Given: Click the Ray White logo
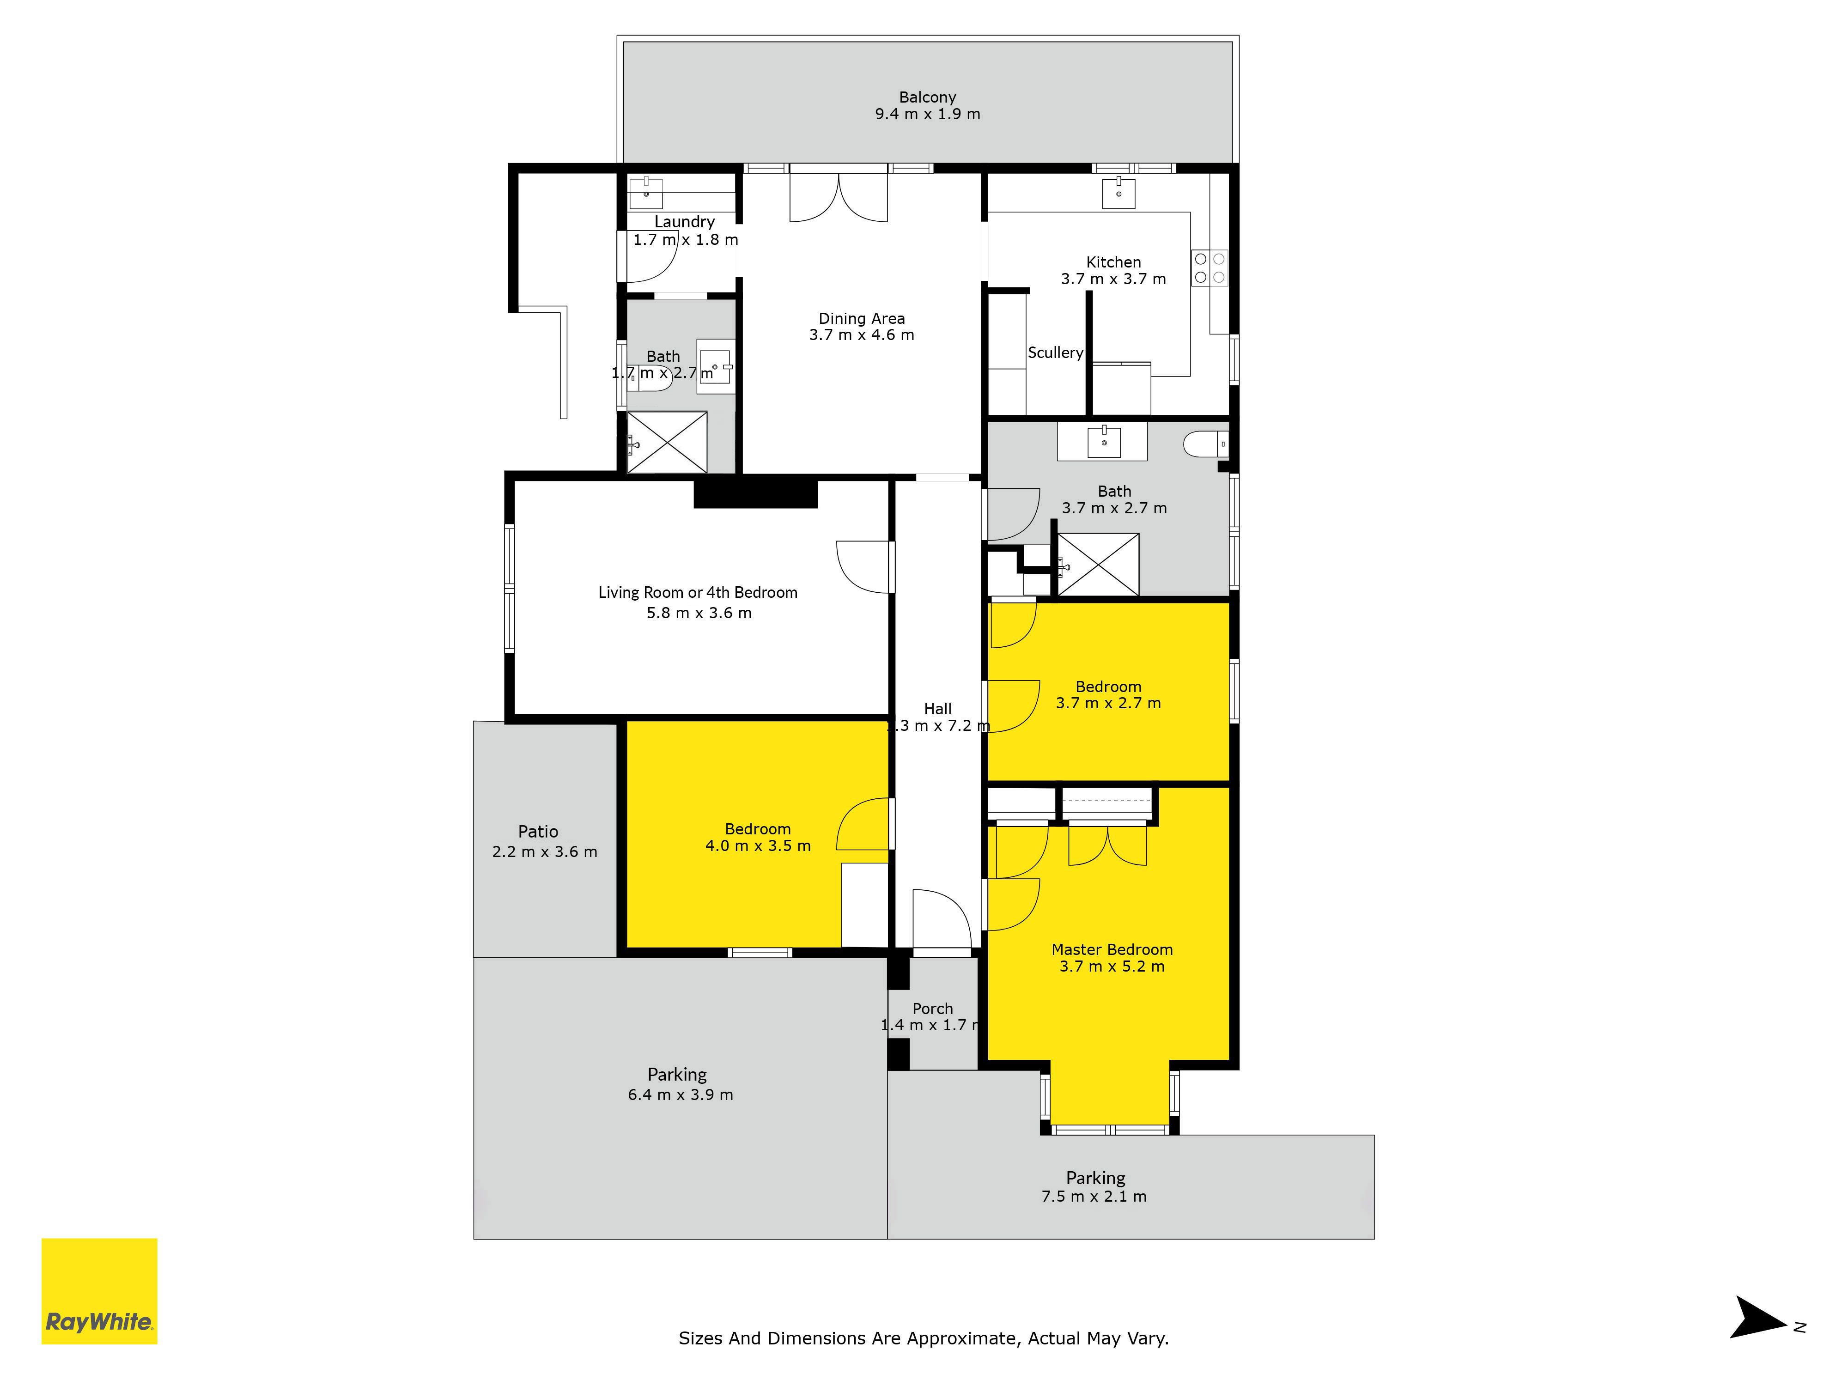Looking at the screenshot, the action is pos(99,1291).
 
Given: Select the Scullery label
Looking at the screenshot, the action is pos(1055,353).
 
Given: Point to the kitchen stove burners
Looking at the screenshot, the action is pos(1210,268).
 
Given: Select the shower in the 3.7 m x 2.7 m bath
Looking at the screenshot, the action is pos(1098,565).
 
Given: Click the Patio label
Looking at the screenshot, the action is pos(538,831).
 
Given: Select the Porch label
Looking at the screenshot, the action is pos(932,1009).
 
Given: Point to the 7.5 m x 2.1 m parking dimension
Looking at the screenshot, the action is pos(1094,1197).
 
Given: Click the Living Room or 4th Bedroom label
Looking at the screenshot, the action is pos(698,592).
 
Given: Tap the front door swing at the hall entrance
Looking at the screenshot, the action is pos(942,919).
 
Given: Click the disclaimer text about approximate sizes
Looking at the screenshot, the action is pos(923,1338).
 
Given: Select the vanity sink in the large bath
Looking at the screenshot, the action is pos(1104,441).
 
